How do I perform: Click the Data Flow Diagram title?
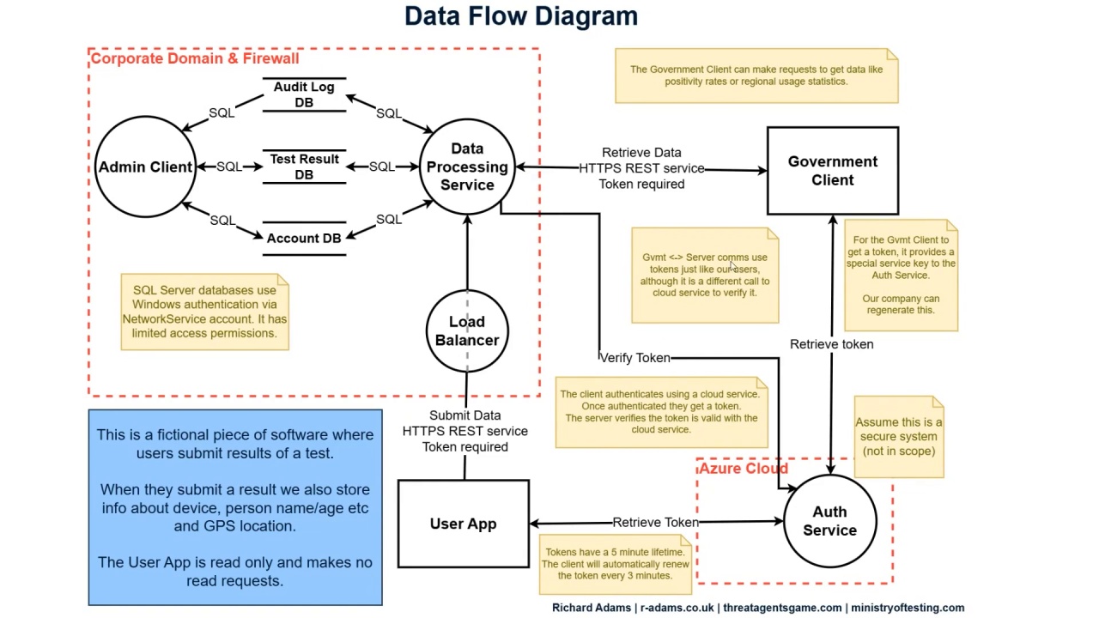521,16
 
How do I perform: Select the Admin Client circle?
145,167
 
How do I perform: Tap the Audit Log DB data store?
304,94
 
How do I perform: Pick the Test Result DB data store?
304,167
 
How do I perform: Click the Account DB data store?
304,238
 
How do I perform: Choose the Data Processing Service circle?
467,167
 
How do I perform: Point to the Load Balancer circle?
467,331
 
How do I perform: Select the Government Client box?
833,171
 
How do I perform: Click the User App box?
464,524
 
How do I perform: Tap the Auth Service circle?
829,521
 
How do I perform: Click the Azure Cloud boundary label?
744,469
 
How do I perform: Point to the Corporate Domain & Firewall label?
195,58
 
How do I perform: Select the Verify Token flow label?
635,358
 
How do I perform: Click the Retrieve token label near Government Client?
831,344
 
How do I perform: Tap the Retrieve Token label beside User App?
655,522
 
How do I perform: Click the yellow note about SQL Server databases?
204,312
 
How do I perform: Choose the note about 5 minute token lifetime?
615,564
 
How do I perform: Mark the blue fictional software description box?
235,507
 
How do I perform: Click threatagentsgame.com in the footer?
782,608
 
